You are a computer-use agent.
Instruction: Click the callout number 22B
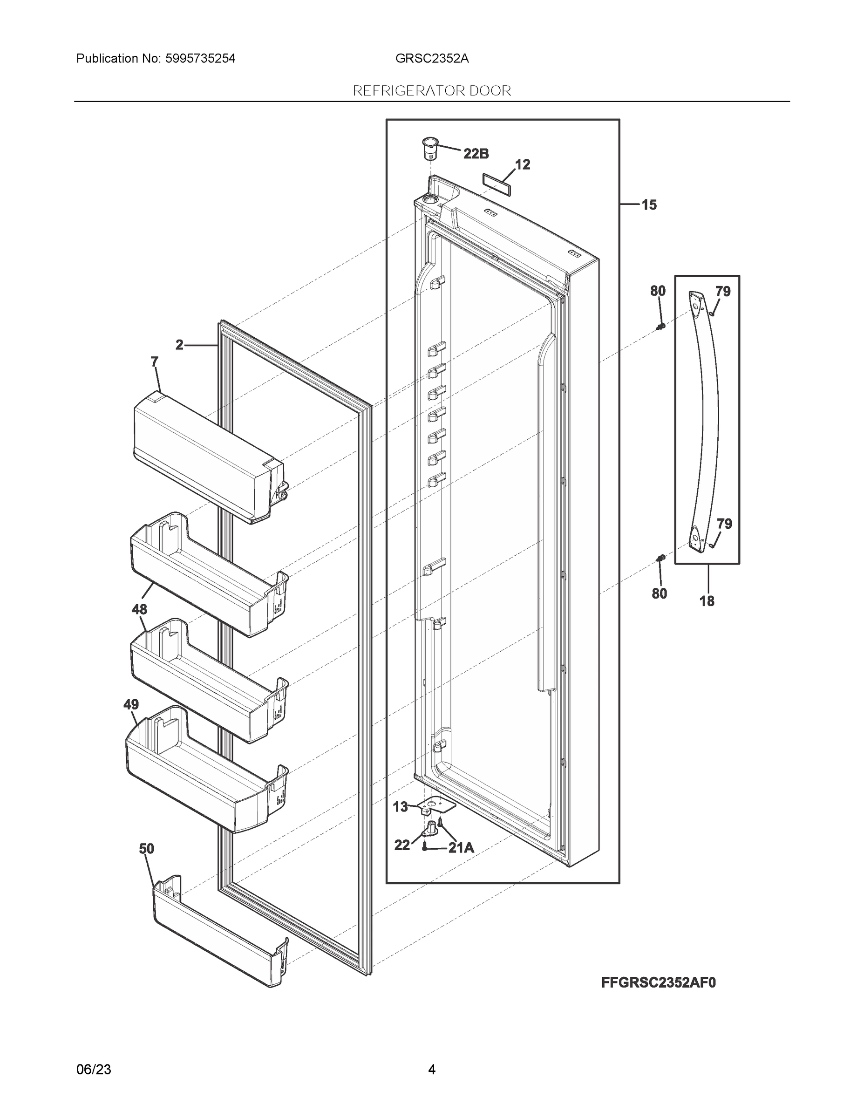[x=476, y=153]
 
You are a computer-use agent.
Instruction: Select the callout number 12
[x=522, y=164]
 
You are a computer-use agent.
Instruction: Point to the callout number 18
[x=707, y=601]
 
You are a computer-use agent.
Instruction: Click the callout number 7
[x=155, y=361]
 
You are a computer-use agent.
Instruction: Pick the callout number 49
[x=131, y=704]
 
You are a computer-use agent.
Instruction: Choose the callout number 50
[x=146, y=849]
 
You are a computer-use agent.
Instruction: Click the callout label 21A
[x=461, y=848]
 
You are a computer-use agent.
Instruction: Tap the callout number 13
[x=400, y=807]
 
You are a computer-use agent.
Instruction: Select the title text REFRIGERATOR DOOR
[x=432, y=91]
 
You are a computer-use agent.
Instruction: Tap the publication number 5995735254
[x=200, y=58]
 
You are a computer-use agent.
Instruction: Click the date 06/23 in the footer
[x=94, y=1070]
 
